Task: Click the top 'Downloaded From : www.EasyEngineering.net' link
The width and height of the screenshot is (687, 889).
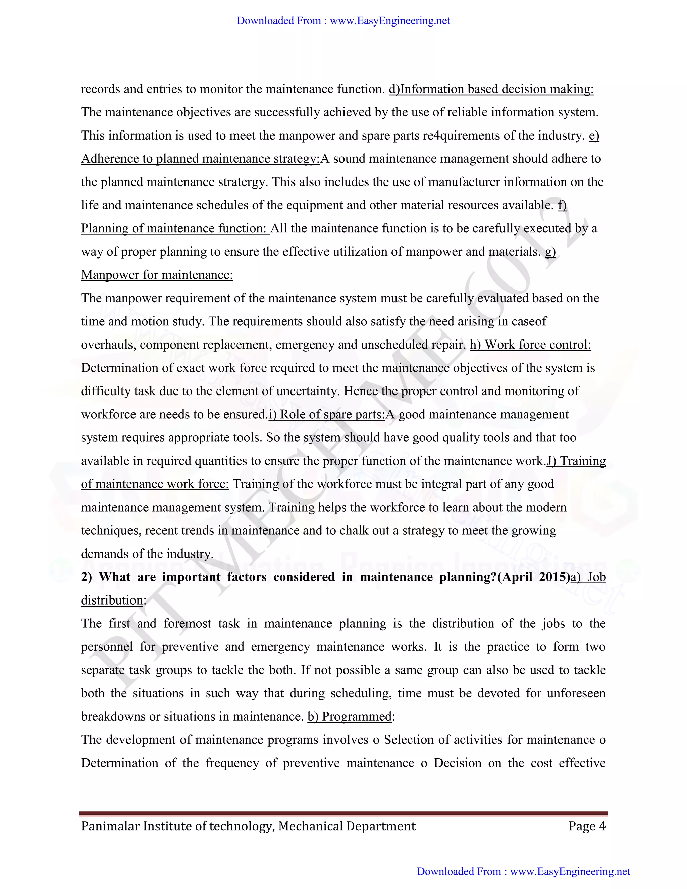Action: click(343, 21)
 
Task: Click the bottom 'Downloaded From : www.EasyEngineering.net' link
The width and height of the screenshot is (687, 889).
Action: click(523, 871)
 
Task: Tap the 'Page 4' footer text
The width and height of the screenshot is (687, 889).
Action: click(587, 826)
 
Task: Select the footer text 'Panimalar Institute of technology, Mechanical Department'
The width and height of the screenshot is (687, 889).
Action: click(248, 826)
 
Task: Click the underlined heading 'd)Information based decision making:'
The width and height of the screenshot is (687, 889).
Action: click(491, 89)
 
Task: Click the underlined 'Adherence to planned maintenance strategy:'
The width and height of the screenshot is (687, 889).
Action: click(200, 159)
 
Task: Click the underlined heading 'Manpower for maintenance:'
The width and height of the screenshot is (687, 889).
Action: click(157, 275)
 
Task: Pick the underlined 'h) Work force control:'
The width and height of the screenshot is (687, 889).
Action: click(530, 345)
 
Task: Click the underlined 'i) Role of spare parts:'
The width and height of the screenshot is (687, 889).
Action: click(326, 414)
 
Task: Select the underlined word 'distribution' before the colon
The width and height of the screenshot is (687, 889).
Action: click(112, 600)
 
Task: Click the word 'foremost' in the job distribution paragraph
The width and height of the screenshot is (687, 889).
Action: click(187, 624)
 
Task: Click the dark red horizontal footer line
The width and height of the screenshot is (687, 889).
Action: click(343, 813)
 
